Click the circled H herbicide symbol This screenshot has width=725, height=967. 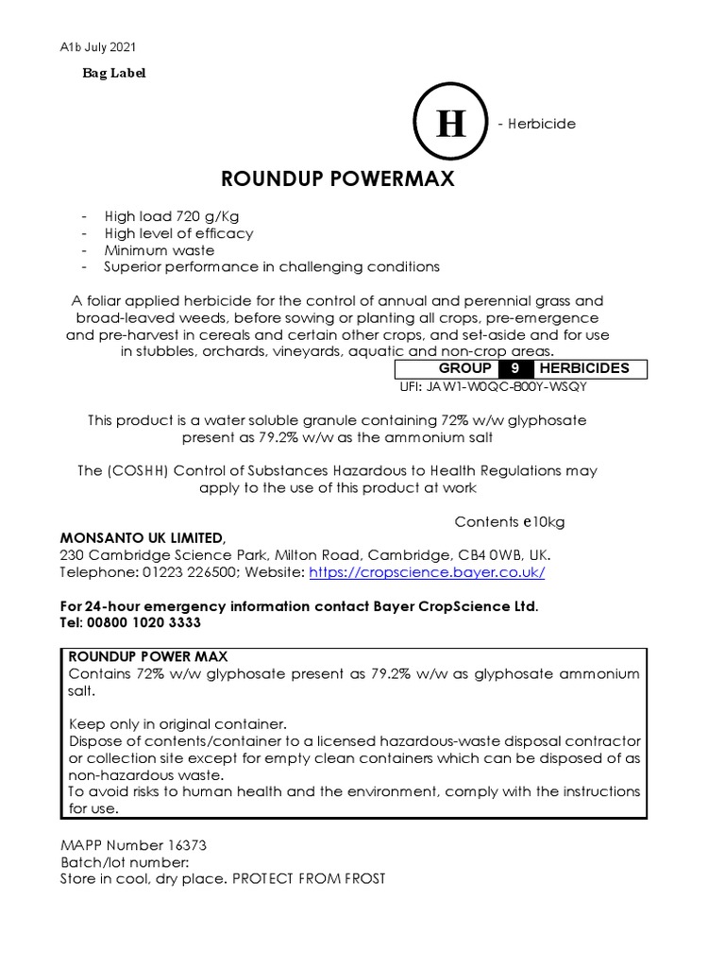tap(450, 124)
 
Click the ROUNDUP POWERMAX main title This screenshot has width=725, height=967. tap(338, 178)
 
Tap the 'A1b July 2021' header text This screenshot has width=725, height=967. tap(97, 46)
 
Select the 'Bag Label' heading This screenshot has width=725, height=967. tap(113, 73)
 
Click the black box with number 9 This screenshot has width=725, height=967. tap(514, 368)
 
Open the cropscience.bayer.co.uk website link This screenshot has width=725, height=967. tap(426, 572)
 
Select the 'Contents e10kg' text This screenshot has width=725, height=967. tap(510, 521)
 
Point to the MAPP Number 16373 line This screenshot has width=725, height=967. tap(126, 845)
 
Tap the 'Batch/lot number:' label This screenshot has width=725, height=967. tap(124, 862)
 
